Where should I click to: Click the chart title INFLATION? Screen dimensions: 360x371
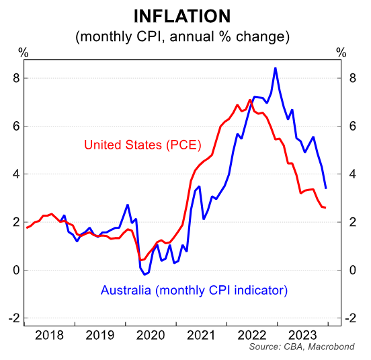point(182,16)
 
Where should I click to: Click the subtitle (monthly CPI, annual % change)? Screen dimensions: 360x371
point(182,36)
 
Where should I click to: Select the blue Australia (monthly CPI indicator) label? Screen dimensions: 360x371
point(194,291)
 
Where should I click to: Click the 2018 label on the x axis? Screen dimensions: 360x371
point(49,334)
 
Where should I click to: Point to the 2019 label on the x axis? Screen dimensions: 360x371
point(99,334)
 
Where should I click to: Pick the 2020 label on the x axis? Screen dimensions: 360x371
point(150,334)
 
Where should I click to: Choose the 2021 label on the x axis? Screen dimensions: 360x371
point(200,334)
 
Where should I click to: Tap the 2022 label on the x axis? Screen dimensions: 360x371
point(251,334)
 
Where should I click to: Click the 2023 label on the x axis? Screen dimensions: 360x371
point(301,334)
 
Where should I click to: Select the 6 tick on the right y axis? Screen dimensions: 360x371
point(343,126)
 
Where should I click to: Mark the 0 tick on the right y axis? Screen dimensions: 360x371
point(343,270)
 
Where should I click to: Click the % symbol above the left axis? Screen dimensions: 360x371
point(22,52)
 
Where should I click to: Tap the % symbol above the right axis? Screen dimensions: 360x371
point(341,52)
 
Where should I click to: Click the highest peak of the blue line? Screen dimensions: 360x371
point(276,68)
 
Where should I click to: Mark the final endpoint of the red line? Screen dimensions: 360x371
point(326,207)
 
